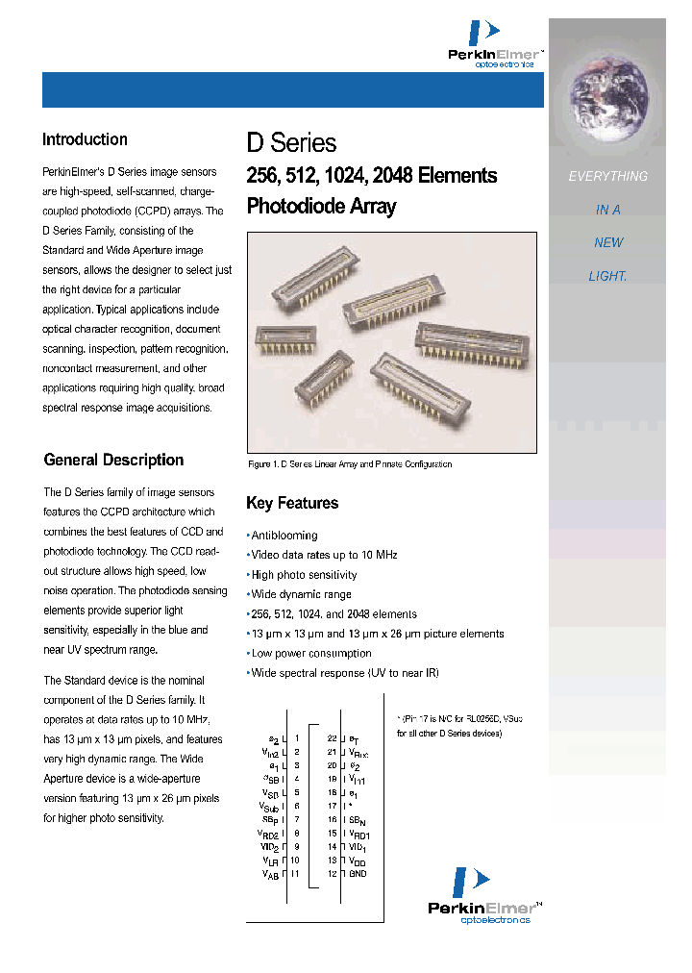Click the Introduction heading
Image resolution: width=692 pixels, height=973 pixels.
coord(85,140)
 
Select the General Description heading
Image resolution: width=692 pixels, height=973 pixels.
coord(113,460)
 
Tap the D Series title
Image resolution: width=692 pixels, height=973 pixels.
coord(291,143)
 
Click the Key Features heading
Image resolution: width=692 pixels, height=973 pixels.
coord(292,503)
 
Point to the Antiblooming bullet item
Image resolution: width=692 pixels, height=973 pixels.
coord(284,536)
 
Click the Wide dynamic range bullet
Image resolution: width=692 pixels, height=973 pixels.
coord(301,594)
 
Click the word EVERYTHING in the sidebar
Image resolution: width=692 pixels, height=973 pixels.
coord(607,177)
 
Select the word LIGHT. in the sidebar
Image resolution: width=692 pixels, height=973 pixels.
coord(607,276)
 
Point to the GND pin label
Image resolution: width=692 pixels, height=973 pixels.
coord(358,874)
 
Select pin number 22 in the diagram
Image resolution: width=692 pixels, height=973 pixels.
coord(332,738)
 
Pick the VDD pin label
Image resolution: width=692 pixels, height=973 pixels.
coord(358,861)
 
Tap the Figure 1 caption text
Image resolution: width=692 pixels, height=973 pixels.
coord(349,464)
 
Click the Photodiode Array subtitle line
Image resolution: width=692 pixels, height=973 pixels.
coord(321,206)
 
